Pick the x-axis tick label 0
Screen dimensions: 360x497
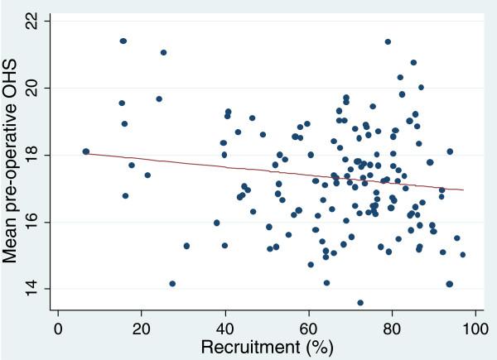58,329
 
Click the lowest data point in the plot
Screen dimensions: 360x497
360,303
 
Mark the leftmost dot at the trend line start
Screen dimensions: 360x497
85,151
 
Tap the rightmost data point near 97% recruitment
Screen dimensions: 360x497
463,255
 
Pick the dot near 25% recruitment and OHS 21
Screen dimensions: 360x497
163,53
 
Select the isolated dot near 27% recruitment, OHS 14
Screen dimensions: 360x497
172,284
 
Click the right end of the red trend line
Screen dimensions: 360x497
463,190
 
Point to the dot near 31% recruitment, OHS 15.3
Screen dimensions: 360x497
186,246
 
